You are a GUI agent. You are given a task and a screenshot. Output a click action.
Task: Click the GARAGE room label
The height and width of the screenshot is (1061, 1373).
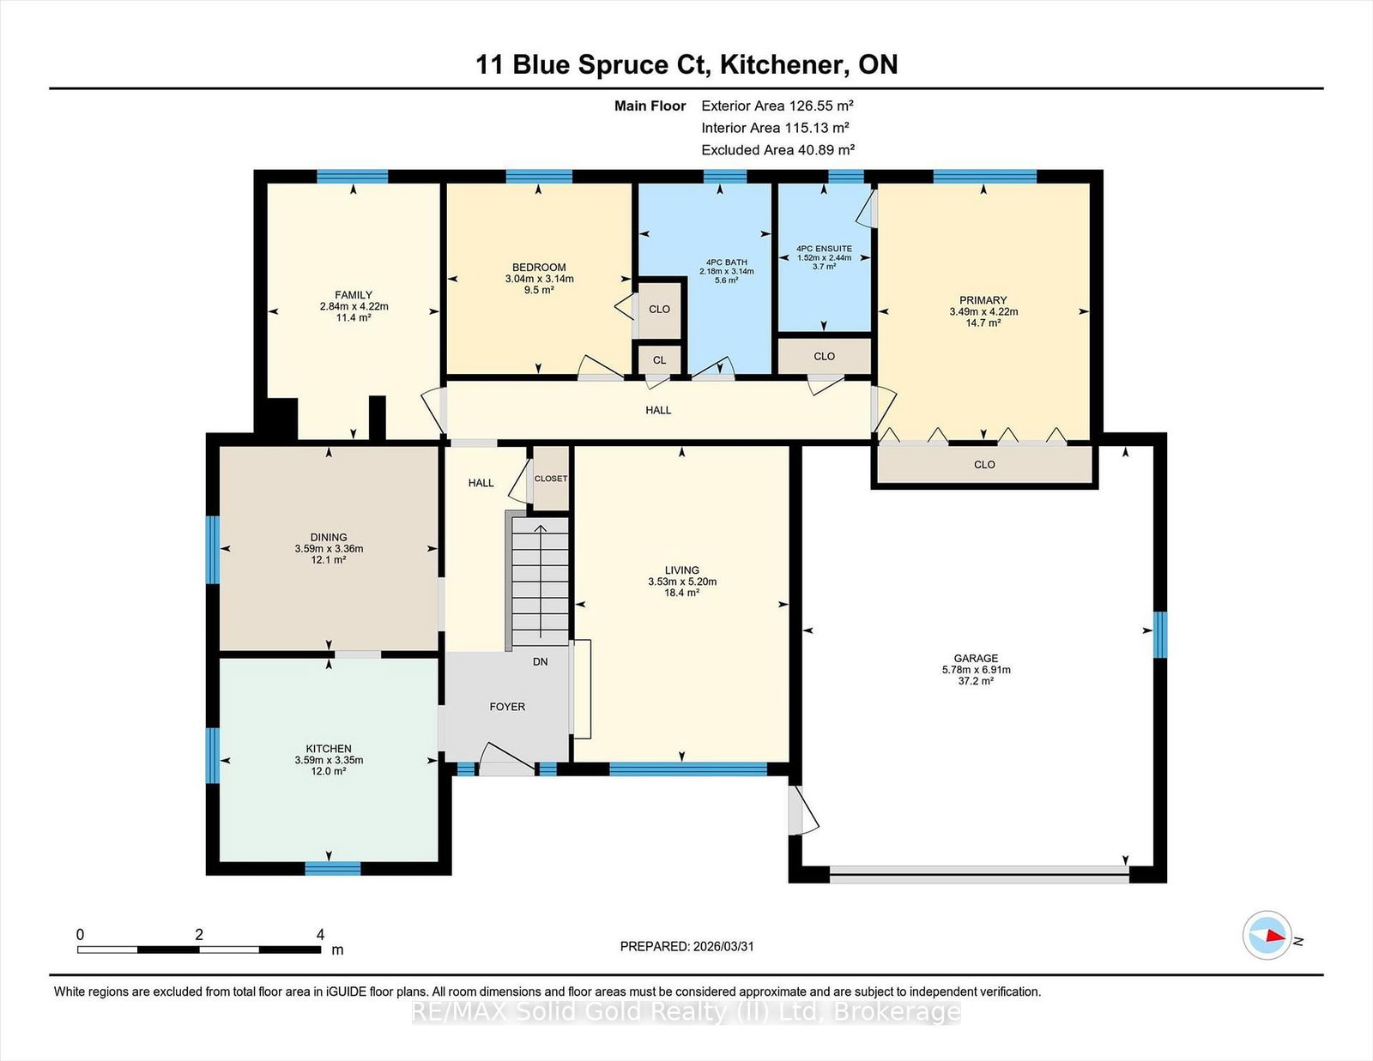pyautogui.click(x=976, y=658)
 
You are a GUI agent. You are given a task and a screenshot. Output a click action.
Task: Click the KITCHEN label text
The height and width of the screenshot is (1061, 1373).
pyautogui.click(x=329, y=749)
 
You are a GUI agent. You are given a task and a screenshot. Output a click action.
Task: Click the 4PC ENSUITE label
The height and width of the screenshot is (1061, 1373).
pyautogui.click(x=824, y=249)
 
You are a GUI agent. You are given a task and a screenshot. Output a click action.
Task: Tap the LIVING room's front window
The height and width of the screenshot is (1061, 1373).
pyautogui.click(x=688, y=769)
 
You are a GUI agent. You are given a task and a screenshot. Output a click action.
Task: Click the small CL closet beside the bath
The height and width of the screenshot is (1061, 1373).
pyautogui.click(x=659, y=360)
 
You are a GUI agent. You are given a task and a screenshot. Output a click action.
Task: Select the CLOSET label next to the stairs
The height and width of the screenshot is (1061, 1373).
pyautogui.click(x=551, y=479)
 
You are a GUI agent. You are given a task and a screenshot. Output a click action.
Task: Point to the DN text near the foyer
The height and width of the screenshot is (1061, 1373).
pyautogui.click(x=541, y=662)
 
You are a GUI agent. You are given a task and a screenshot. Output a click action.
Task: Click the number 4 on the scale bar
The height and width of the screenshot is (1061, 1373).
pyautogui.click(x=320, y=934)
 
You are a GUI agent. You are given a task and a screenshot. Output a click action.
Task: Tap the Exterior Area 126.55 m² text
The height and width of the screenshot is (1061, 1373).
pyautogui.click(x=777, y=105)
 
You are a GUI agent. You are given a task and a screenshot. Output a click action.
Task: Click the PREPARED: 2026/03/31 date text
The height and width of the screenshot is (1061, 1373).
pyautogui.click(x=686, y=946)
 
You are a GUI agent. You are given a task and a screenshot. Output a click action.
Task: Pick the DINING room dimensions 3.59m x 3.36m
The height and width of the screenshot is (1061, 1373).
pyautogui.click(x=329, y=549)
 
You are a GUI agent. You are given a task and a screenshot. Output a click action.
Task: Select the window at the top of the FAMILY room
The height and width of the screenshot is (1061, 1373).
pyautogui.click(x=353, y=176)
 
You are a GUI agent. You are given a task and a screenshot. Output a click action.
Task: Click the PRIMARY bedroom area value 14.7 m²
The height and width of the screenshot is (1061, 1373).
pyautogui.click(x=983, y=323)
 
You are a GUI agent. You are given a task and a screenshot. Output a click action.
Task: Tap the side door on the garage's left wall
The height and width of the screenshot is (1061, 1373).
pyautogui.click(x=802, y=811)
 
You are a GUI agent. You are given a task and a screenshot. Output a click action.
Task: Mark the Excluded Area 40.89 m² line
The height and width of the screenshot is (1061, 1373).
pyautogui.click(x=777, y=150)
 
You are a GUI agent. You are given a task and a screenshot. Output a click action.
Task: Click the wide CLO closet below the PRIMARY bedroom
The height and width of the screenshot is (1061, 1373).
pyautogui.click(x=984, y=465)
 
